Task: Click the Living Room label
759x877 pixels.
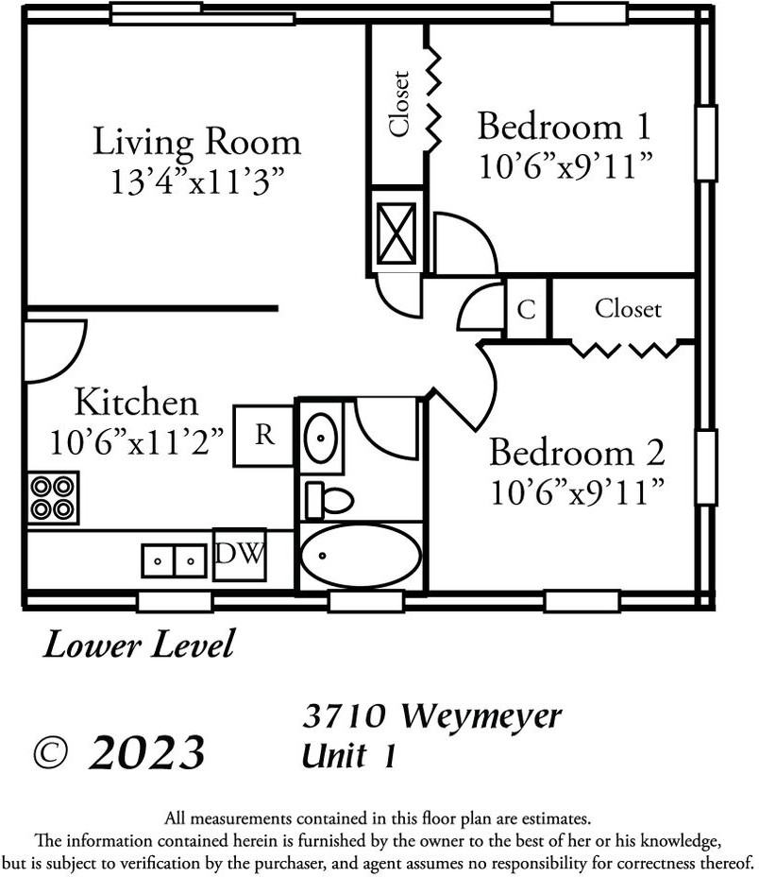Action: point(196,142)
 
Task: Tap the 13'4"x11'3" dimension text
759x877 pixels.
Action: point(196,181)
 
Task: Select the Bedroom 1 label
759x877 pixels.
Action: point(565,126)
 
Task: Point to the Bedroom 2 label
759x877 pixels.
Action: point(576,453)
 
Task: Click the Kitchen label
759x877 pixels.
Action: point(137,403)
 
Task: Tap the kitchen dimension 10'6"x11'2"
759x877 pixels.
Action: point(137,440)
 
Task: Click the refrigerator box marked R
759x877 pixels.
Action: point(264,436)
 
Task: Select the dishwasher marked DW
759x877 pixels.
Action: point(240,554)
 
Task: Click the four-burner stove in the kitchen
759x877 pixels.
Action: point(53,497)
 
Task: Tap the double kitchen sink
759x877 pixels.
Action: point(175,560)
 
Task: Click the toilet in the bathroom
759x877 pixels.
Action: point(328,499)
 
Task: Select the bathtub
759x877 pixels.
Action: point(361,557)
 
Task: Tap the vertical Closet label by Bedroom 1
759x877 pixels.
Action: point(399,104)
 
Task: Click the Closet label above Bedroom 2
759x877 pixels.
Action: point(628,309)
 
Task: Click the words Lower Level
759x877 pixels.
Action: point(138,645)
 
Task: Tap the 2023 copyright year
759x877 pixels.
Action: point(146,753)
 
